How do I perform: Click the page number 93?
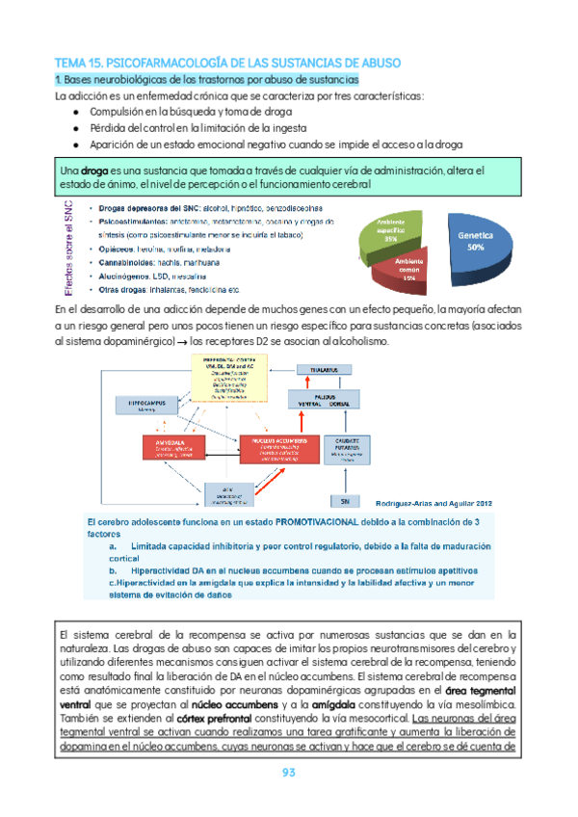tap(289, 773)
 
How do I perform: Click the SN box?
tap(344, 501)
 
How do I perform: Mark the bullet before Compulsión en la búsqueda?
tap(76, 112)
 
